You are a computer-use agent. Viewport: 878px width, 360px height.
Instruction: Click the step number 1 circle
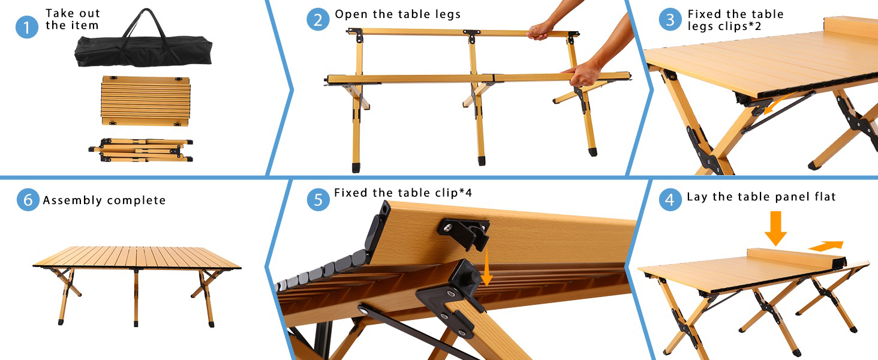click(27, 27)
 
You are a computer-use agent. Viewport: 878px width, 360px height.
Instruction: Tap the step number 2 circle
click(318, 19)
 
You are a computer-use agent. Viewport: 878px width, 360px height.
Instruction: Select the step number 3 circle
click(670, 19)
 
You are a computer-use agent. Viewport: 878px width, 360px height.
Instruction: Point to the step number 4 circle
click(670, 199)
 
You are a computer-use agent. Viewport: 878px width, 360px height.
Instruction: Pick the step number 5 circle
click(318, 199)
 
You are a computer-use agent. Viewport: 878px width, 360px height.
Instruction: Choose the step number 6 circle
click(28, 199)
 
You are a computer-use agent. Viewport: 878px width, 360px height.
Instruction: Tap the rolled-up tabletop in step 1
click(146, 100)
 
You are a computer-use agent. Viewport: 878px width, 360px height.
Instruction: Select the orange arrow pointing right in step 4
click(826, 244)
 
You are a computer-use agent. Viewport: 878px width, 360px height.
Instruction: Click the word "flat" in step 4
click(823, 197)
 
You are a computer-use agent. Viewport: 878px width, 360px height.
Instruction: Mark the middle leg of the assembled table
click(136, 297)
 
